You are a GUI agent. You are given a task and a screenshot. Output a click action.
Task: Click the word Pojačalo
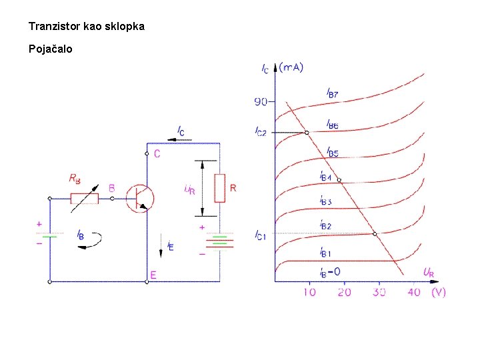pos(51,49)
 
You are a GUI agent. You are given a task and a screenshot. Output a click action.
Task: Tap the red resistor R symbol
pos(219,188)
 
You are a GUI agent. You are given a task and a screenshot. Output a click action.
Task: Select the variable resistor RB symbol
pos(85,198)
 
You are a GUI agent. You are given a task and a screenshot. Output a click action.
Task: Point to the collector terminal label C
pos(157,154)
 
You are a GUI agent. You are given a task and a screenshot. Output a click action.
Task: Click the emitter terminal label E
pos(153,275)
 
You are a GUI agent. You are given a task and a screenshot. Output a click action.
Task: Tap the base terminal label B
pos(111,188)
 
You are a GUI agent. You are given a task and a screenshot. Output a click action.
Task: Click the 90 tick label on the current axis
pos(261,102)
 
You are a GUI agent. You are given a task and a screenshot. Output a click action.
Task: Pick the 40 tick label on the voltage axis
pos(414,292)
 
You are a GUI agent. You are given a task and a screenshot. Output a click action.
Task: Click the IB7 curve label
pos(332,94)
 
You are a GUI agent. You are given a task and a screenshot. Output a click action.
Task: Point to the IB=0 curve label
pos(329,271)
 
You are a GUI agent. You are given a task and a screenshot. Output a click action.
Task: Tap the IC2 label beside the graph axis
pos(261,132)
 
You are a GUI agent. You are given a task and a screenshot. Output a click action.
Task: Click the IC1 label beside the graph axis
pos(261,234)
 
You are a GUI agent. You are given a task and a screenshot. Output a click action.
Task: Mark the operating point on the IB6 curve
pos(307,133)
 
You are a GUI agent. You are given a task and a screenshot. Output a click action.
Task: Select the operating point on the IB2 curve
pos(375,233)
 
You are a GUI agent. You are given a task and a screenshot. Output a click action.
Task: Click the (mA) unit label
pos(291,67)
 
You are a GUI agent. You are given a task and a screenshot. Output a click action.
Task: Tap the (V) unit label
pos(438,292)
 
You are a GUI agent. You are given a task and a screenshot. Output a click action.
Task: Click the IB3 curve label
pos(326,200)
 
